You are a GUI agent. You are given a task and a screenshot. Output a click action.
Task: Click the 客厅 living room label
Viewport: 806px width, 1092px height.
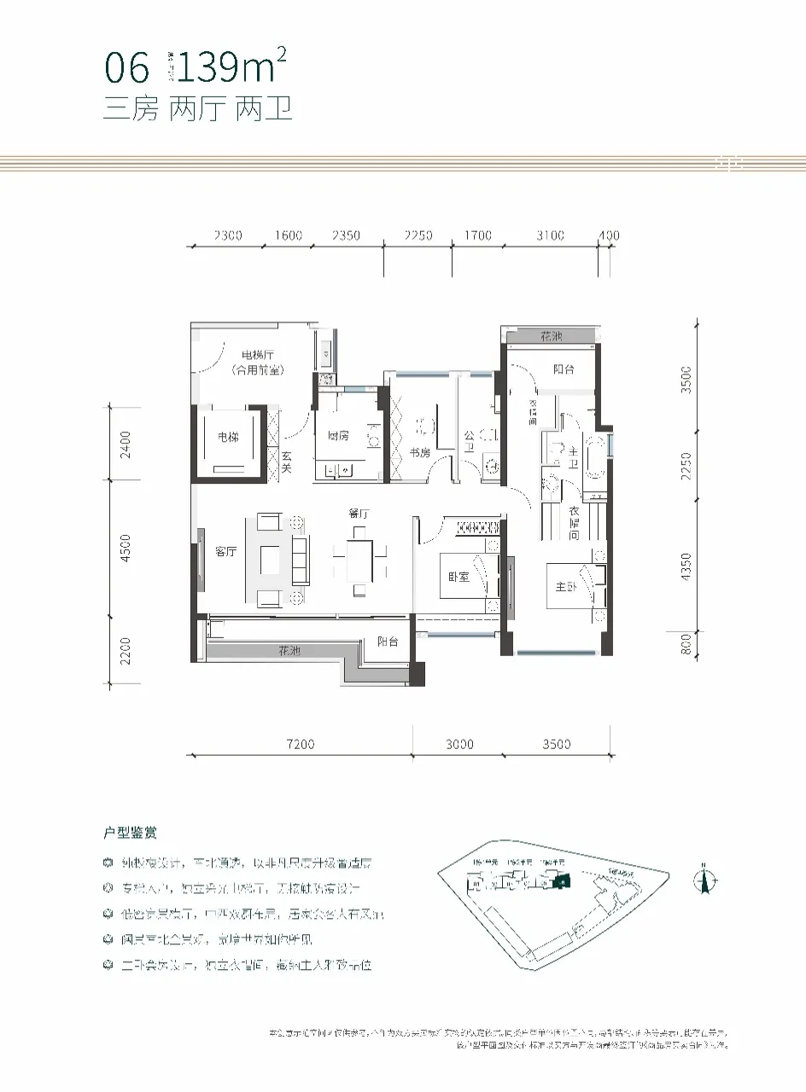pos(225,552)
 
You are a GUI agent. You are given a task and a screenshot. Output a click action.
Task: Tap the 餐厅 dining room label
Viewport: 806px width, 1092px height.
pos(359,514)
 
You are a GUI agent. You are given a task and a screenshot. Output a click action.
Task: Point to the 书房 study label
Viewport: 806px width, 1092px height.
pos(419,453)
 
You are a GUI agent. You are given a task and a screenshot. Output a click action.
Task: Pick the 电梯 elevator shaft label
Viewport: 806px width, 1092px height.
pos(228,438)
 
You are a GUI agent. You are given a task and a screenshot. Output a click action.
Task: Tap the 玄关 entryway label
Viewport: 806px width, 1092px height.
pos(288,463)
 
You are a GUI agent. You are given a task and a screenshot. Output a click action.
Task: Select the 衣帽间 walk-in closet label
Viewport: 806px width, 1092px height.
pos(575,522)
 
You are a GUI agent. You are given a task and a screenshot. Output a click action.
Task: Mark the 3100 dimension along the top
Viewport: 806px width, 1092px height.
pos(551,235)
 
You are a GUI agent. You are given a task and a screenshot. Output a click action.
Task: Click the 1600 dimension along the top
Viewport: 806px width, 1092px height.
pos(289,235)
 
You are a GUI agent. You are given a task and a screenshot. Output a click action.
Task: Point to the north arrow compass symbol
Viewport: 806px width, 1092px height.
pos(704,879)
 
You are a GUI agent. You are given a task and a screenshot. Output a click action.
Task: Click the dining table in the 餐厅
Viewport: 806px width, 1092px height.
pos(359,560)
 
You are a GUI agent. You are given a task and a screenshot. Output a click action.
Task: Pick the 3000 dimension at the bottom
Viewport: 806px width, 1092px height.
pos(458,745)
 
